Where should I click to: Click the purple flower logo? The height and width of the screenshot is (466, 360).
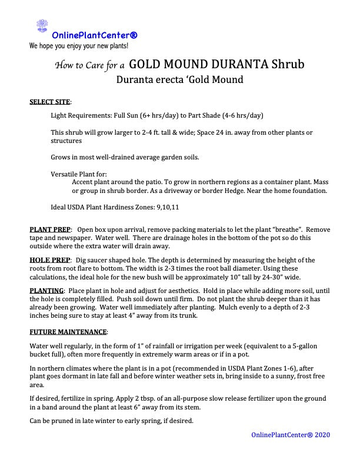pos(42,26)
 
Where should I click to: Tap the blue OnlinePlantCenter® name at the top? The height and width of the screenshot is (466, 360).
pos(95,35)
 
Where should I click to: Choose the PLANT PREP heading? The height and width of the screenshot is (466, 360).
pos(50,229)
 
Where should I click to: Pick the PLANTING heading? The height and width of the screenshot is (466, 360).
pos(46,291)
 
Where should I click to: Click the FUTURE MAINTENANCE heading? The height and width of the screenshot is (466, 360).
pos(68,332)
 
